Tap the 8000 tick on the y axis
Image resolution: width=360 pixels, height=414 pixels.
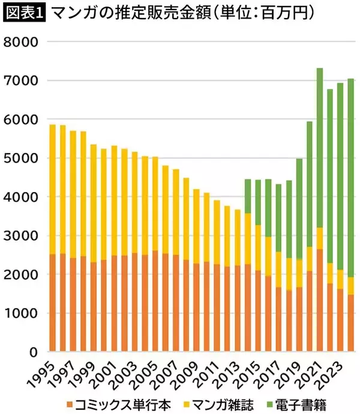[20, 42]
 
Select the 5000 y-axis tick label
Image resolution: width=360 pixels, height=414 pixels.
[20, 158]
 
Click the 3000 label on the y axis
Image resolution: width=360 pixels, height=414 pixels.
[20, 236]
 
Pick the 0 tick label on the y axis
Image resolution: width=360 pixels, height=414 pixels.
[32, 352]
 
